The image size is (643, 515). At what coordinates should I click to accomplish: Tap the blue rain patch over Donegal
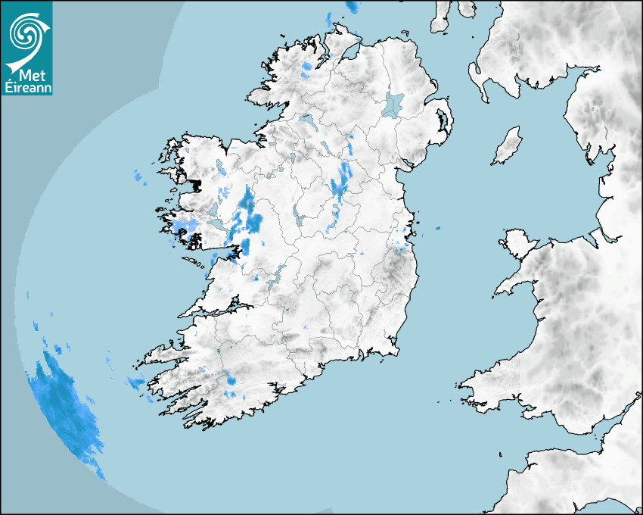(306, 70)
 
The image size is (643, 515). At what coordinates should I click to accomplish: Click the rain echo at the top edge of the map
(352, 7)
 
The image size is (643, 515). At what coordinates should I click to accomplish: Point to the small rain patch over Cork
(231, 381)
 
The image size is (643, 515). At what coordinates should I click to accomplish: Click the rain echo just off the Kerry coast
(136, 383)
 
